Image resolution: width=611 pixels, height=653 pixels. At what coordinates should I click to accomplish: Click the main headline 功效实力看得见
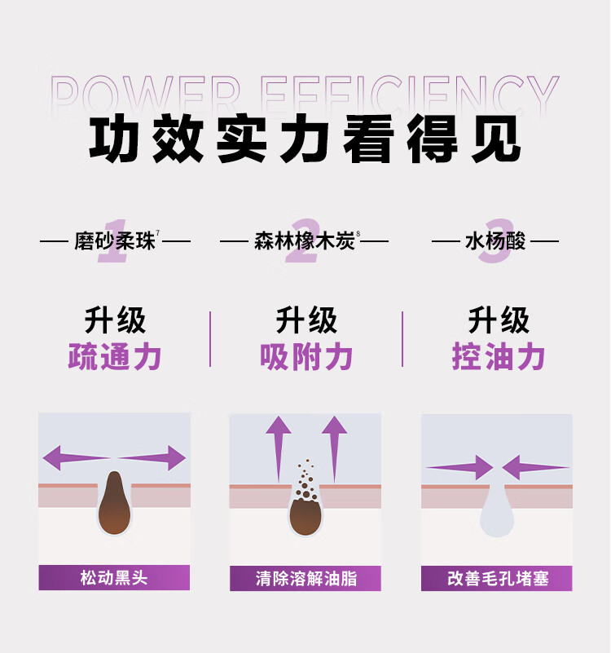click(x=305, y=139)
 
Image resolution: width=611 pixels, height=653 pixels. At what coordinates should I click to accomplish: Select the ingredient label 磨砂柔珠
click(x=115, y=241)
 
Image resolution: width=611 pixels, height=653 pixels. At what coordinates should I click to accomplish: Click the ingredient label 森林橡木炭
click(x=305, y=241)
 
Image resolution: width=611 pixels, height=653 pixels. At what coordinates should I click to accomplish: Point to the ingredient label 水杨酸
click(x=495, y=241)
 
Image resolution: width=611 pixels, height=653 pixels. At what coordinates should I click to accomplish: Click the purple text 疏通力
click(x=115, y=356)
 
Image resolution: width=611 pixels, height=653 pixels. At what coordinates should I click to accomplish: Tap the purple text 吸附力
click(x=306, y=356)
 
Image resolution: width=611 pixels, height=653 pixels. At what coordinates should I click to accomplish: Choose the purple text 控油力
click(x=499, y=356)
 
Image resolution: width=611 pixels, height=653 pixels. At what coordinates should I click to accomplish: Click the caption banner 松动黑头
click(x=114, y=578)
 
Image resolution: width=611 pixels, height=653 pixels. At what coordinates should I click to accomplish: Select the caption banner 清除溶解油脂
click(x=305, y=578)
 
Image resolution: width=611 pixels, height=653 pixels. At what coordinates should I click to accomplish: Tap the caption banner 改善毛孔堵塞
click(x=497, y=578)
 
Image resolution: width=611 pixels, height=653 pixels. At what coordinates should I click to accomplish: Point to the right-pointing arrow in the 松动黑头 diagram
click(x=152, y=457)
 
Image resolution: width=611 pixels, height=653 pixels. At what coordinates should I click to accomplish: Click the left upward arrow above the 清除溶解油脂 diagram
click(x=279, y=449)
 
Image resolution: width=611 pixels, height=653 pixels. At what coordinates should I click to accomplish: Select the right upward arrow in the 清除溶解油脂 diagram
click(x=334, y=449)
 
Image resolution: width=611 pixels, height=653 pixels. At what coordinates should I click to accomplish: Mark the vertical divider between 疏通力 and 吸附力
click(x=210, y=339)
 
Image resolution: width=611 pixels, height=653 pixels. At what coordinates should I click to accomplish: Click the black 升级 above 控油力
click(x=499, y=320)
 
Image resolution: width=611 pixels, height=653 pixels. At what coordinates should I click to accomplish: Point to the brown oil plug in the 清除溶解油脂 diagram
click(x=306, y=516)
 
